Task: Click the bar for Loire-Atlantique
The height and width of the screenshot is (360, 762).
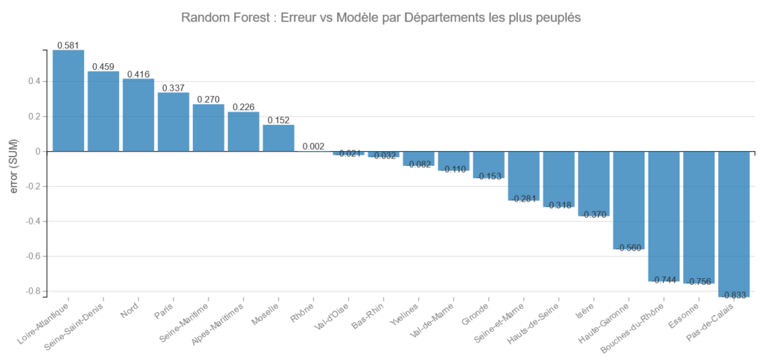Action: pyautogui.click(x=68, y=100)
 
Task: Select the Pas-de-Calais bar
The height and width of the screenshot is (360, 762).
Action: pyautogui.click(x=734, y=224)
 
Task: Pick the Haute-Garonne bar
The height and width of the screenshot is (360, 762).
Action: pyautogui.click(x=629, y=200)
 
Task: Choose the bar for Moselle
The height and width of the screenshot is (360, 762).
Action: pyautogui.click(x=278, y=138)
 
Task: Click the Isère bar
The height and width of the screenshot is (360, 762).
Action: pyautogui.click(x=594, y=184)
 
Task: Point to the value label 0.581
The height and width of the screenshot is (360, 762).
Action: pyautogui.click(x=68, y=45)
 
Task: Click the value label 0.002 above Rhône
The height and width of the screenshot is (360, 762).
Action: pyautogui.click(x=313, y=147)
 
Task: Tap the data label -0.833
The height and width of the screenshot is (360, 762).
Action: pyautogui.click(x=734, y=295)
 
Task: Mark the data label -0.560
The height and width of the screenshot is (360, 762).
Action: pyautogui.click(x=629, y=248)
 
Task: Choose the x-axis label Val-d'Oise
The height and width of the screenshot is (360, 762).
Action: pyautogui.click(x=330, y=317)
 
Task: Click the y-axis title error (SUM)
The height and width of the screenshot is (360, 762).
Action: pyautogui.click(x=14, y=169)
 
